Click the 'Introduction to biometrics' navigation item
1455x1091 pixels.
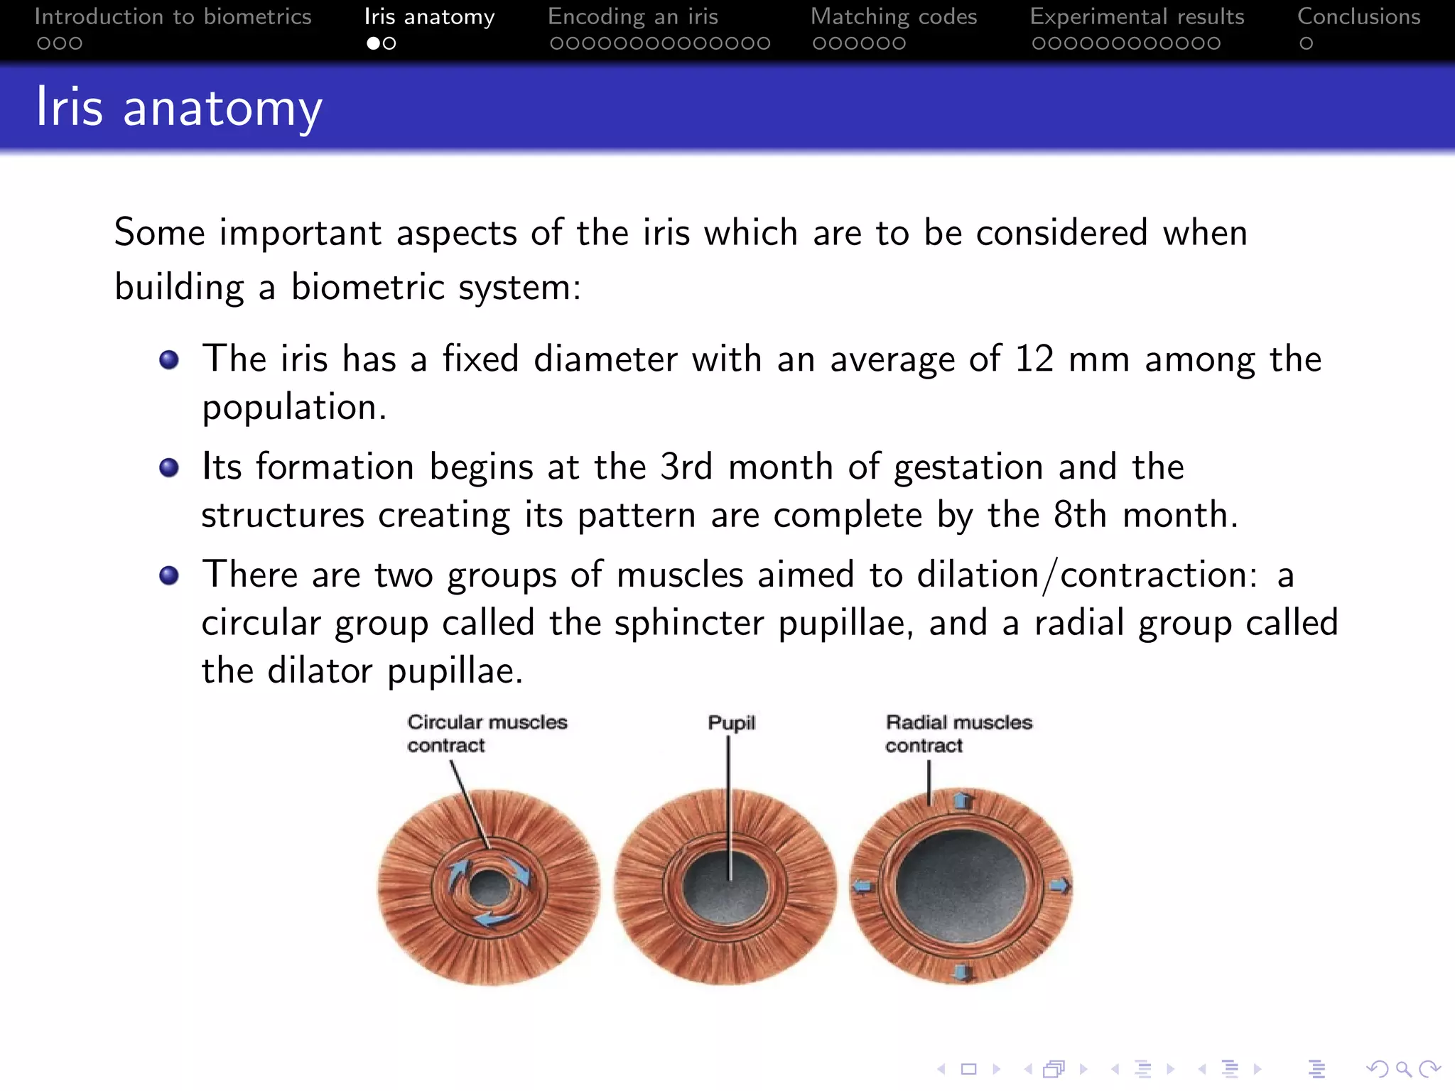[173, 16]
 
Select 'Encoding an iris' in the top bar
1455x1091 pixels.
[633, 16]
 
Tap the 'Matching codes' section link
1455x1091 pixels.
[894, 16]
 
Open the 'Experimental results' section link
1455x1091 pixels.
[1137, 16]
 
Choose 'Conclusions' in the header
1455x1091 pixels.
[1358, 16]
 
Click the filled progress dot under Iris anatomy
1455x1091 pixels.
[373, 43]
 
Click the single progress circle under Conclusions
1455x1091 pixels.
[1306, 43]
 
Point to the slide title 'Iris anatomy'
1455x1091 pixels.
[179, 107]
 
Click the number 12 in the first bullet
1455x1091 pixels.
[1034, 359]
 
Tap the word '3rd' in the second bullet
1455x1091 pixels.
[686, 467]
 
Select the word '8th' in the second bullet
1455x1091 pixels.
[1080, 515]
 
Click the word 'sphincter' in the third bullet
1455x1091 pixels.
[688, 623]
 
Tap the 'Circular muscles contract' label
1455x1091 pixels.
[487, 733]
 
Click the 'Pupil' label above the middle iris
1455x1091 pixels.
[731, 722]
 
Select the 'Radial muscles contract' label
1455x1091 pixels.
[958, 733]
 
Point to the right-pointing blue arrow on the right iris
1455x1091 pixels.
[1059, 886]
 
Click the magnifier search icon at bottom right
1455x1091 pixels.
[1403, 1069]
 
